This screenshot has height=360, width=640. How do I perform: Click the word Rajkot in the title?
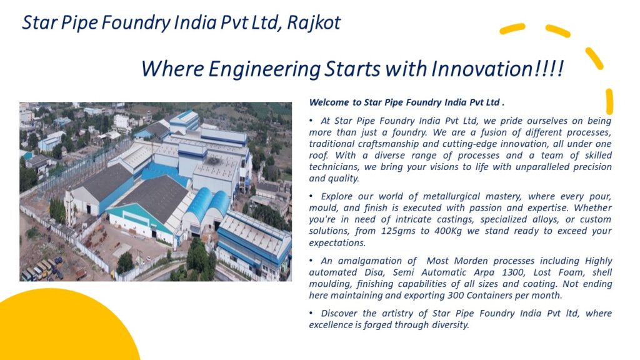point(314,23)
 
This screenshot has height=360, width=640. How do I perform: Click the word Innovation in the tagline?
point(481,68)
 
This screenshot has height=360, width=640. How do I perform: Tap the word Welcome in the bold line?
point(329,102)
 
